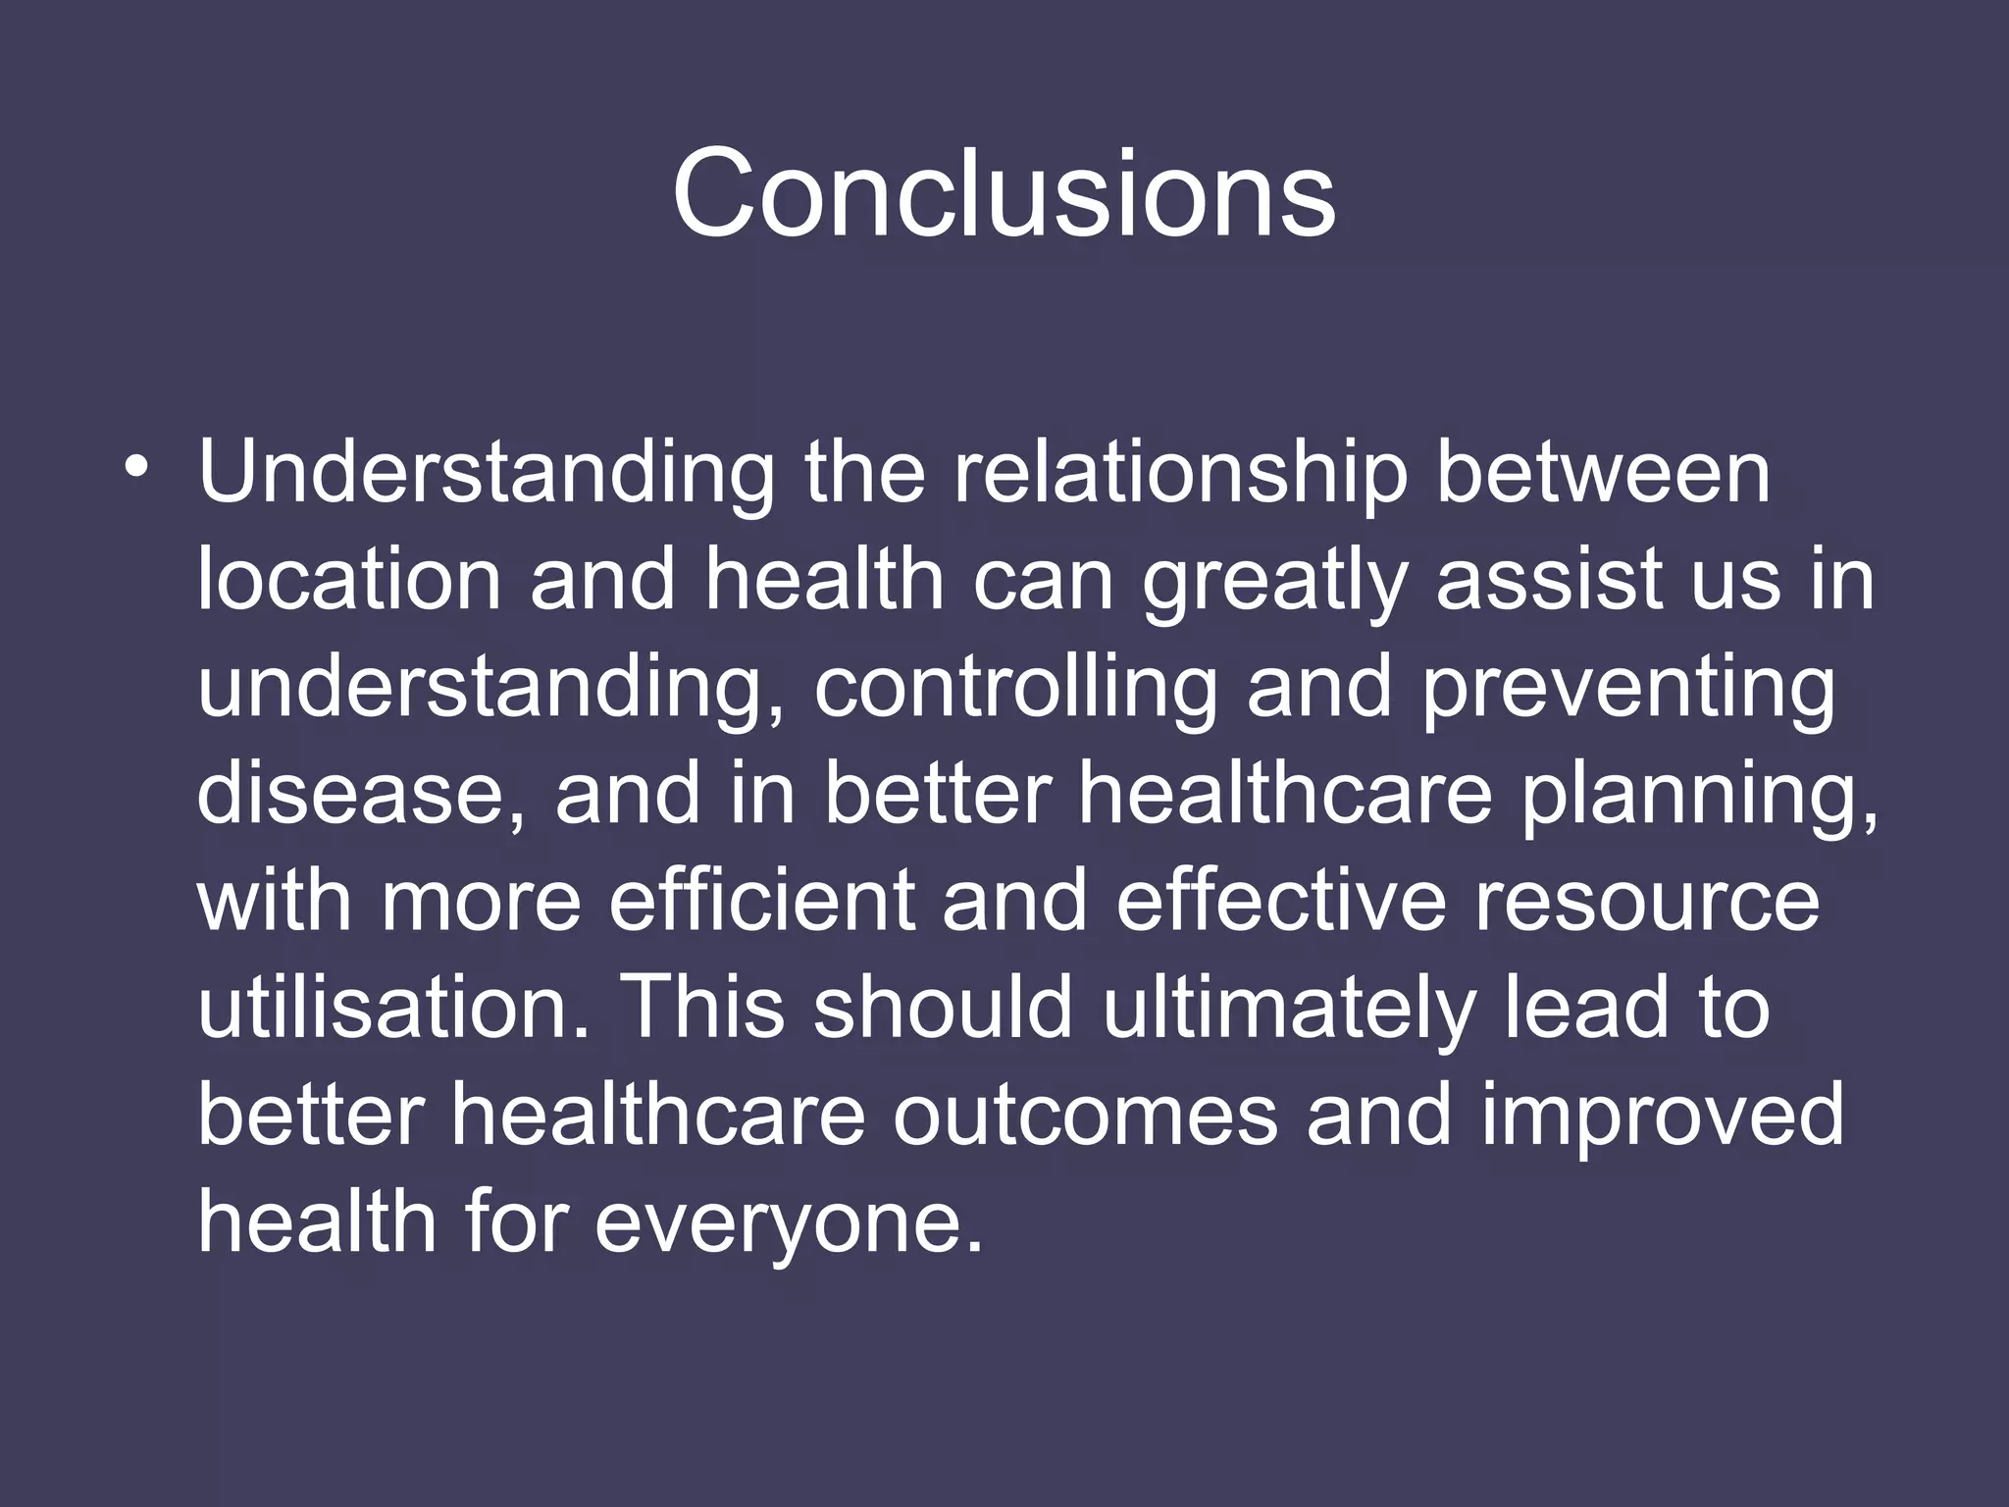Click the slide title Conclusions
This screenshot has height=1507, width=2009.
1004,192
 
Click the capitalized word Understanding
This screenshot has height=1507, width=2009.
487,474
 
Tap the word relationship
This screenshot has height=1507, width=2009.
1180,474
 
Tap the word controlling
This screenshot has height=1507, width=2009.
1015,688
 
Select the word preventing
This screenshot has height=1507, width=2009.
1627,690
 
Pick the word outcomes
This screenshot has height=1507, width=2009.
1085,1116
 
